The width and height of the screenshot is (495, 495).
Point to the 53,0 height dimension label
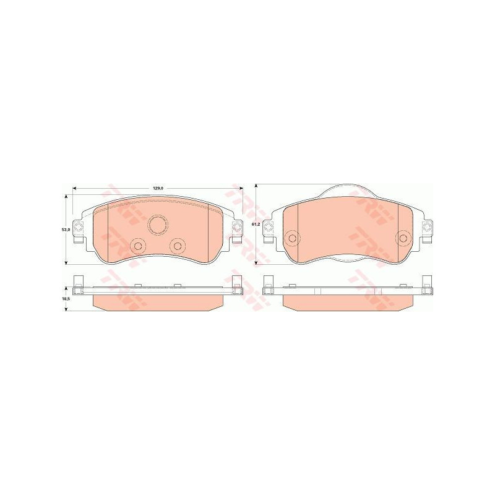(x=64, y=229)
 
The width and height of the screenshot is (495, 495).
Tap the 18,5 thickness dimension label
(x=64, y=298)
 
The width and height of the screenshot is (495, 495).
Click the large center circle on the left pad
(x=158, y=223)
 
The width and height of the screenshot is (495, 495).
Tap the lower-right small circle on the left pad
(x=178, y=246)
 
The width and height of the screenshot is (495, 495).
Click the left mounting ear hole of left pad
(x=78, y=229)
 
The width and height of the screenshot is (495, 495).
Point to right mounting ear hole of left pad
(x=236, y=229)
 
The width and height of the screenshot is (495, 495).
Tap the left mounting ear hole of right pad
(x=269, y=229)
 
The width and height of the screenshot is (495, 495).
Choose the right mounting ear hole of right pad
(x=427, y=229)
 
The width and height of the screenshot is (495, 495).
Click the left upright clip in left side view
(x=78, y=283)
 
